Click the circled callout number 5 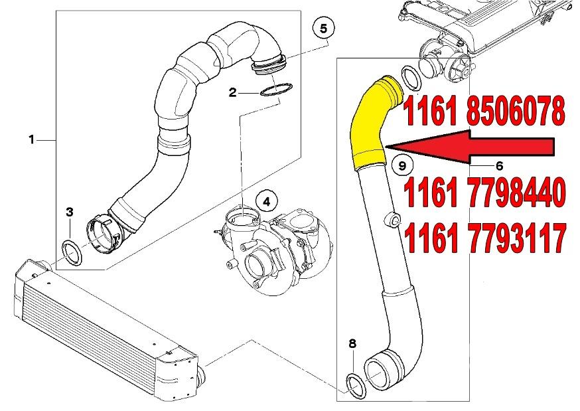click(324, 29)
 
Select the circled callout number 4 click(266, 202)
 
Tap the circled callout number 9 click(401, 165)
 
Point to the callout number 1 click(32, 140)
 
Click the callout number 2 click(232, 92)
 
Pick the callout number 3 click(70, 212)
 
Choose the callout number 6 click(499, 166)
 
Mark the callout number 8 click(352, 344)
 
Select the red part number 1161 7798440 click(485, 193)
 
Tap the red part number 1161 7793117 click(485, 238)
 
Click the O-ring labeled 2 click(276, 90)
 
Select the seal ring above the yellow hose click(411, 78)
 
